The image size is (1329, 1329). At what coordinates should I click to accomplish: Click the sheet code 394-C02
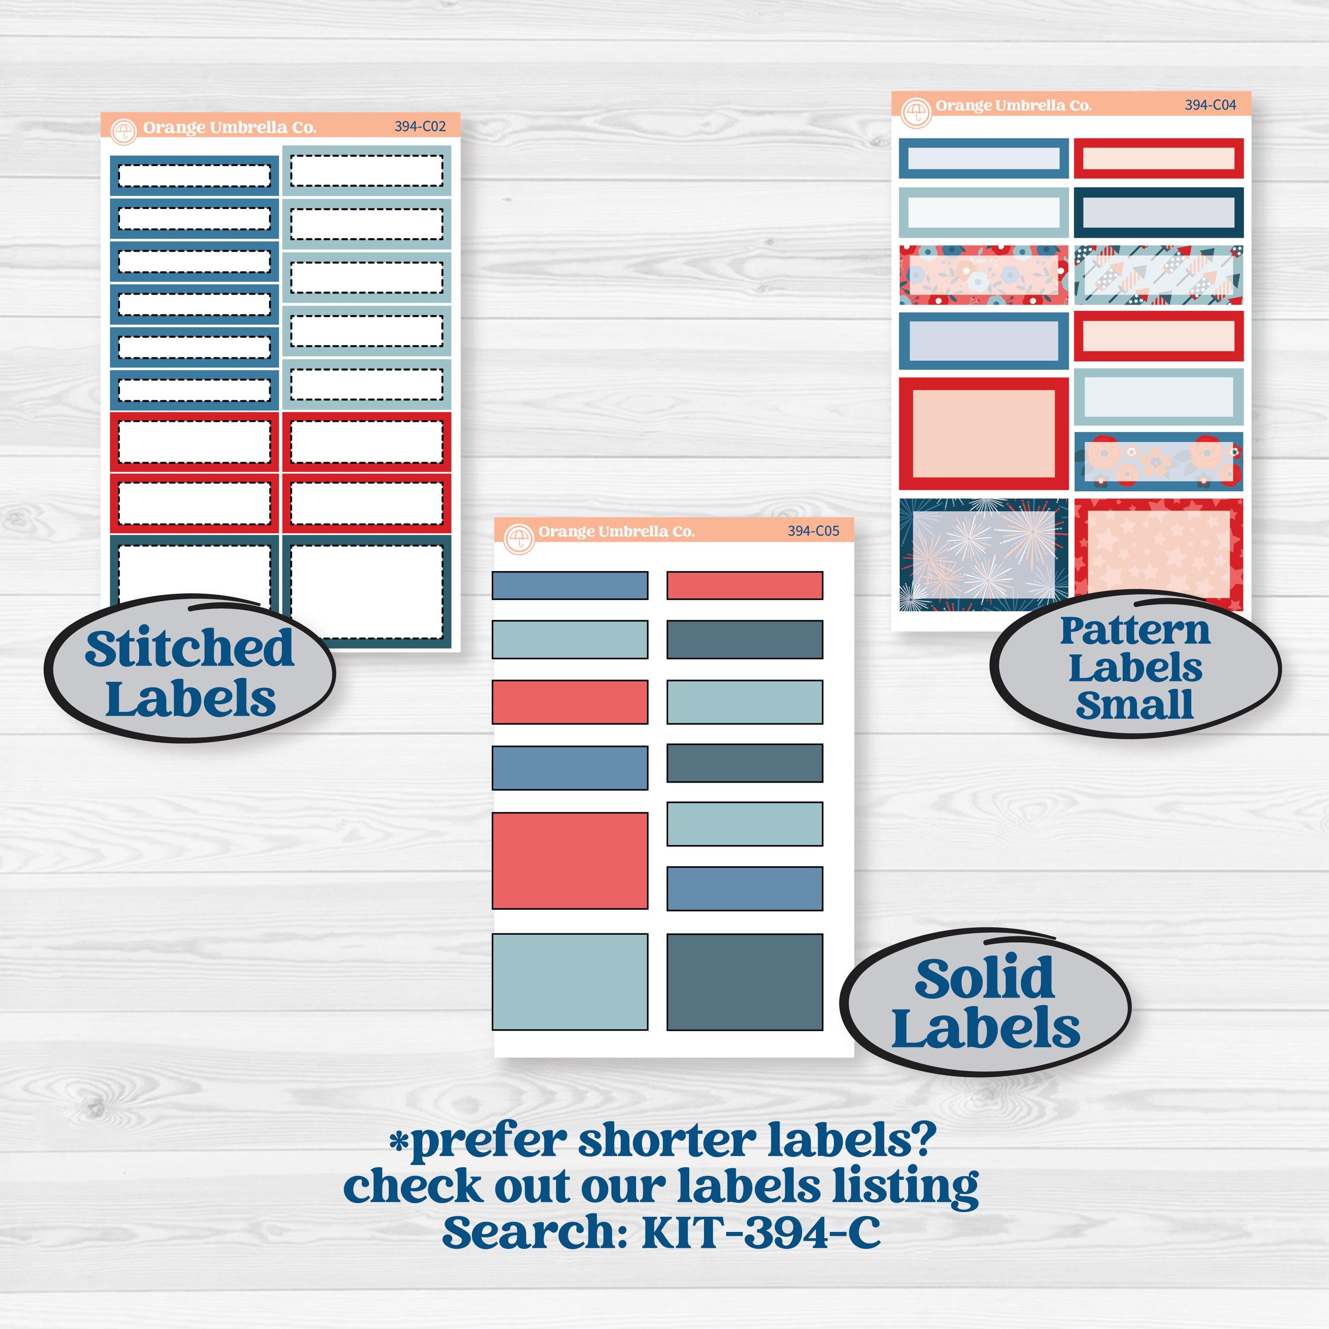(420, 127)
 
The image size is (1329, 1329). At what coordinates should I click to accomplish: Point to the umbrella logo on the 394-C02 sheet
(124, 132)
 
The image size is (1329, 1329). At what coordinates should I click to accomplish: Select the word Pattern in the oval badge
(1135, 631)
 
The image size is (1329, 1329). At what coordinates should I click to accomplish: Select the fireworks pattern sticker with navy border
(983, 555)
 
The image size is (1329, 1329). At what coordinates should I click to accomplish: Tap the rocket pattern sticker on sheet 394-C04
(1158, 275)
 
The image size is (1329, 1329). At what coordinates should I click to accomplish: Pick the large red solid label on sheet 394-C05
(570, 861)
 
